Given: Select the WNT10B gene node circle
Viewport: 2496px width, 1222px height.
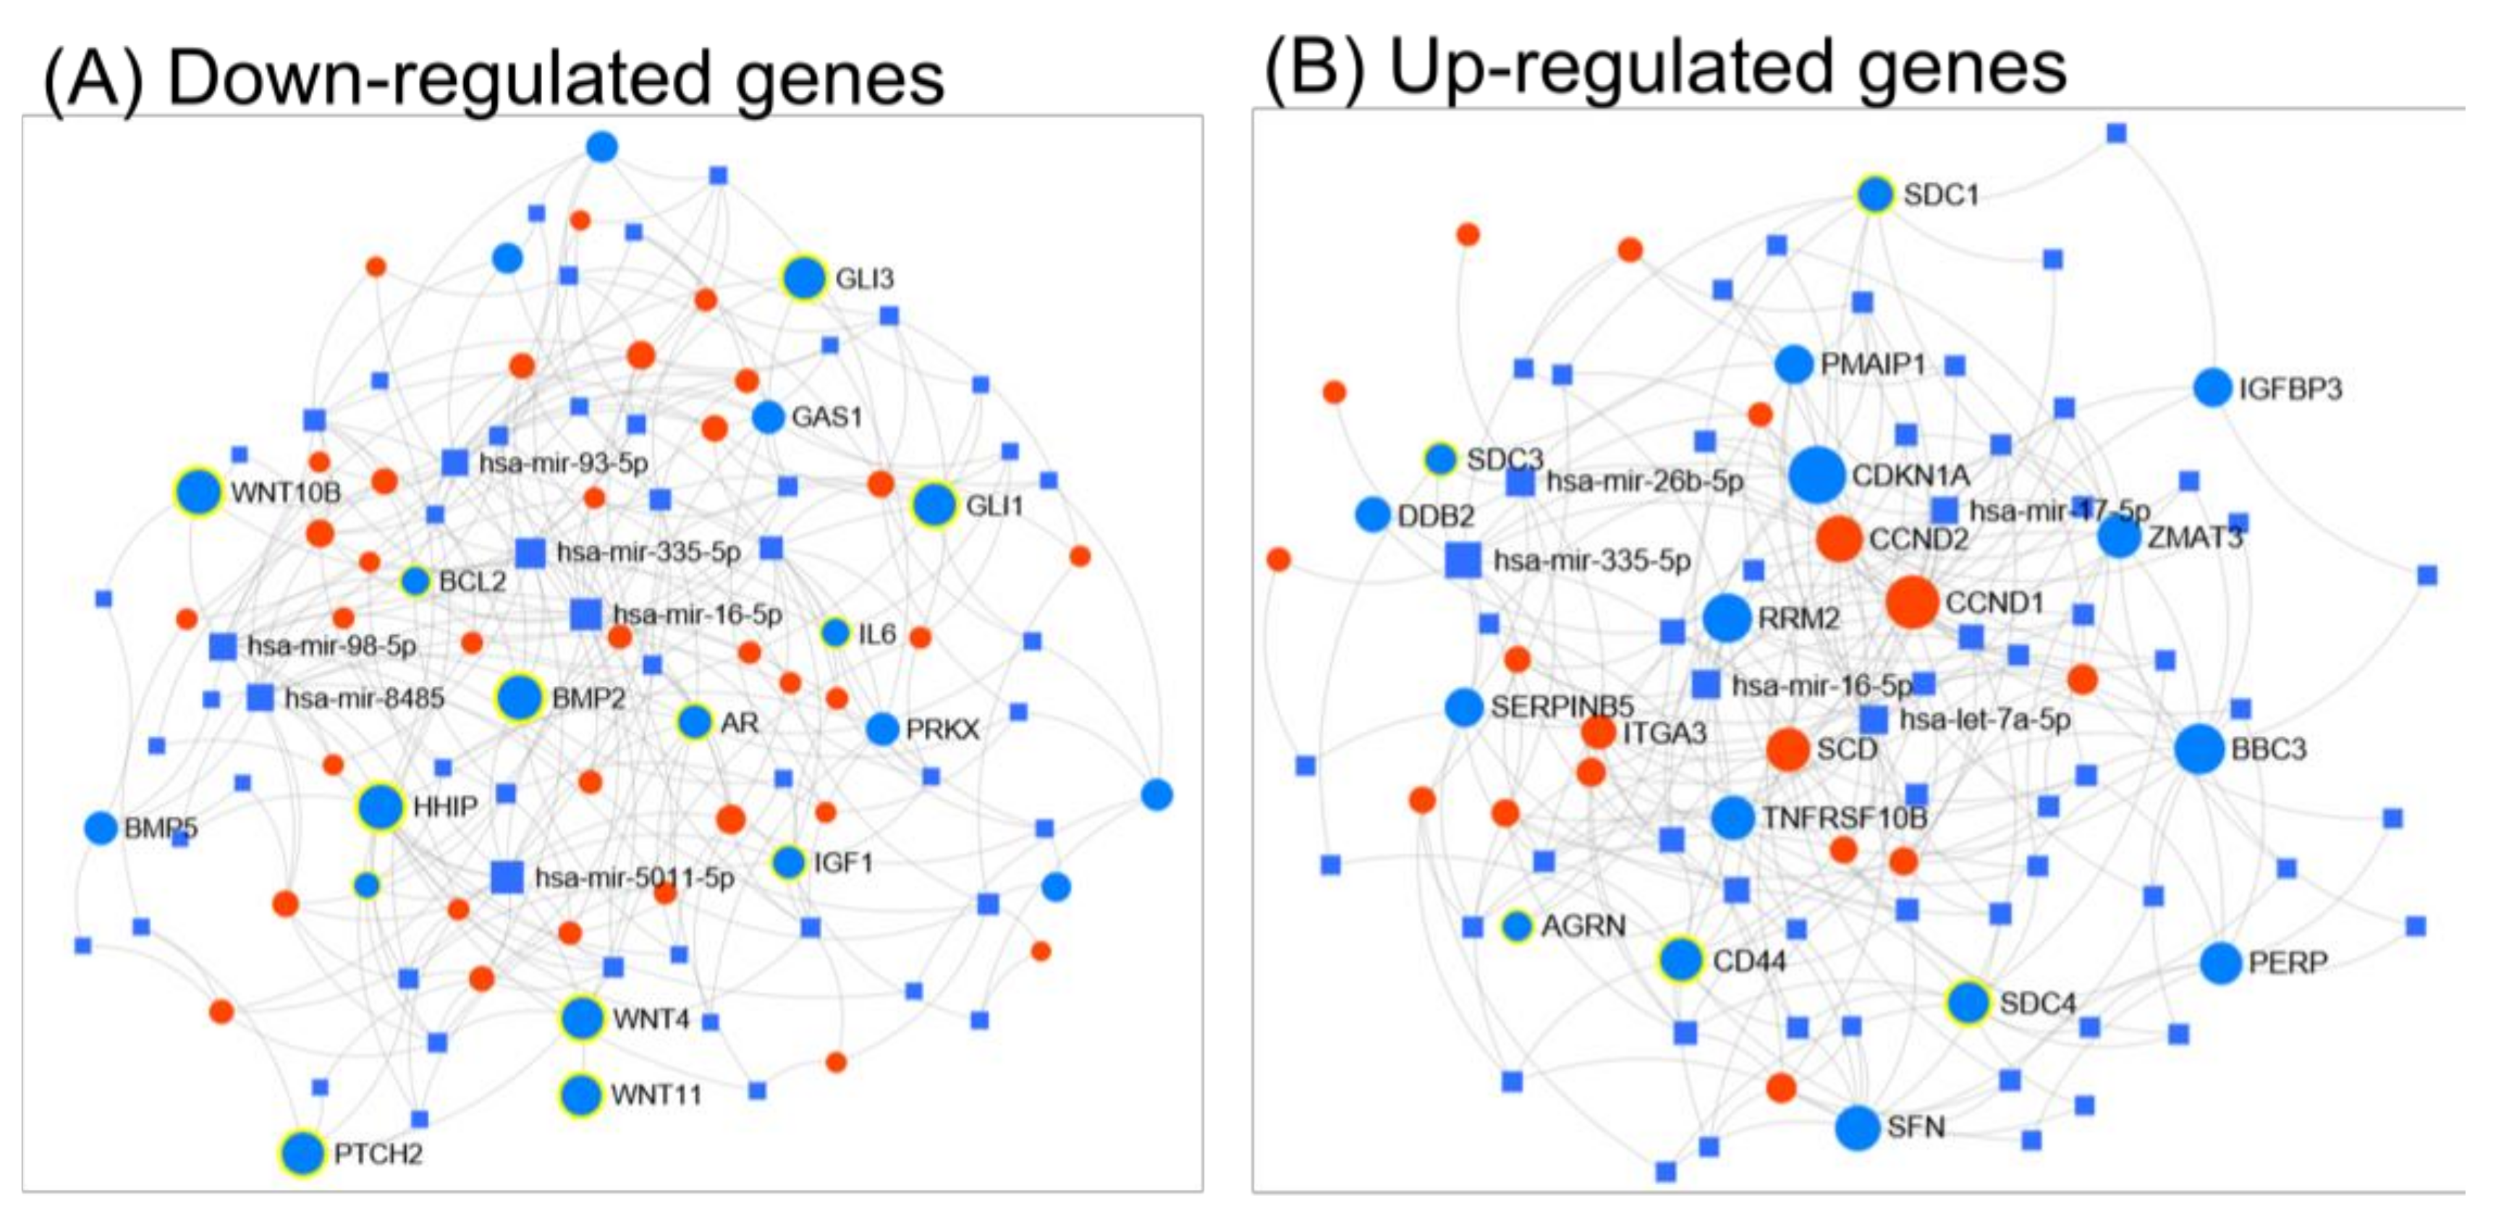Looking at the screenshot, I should (198, 492).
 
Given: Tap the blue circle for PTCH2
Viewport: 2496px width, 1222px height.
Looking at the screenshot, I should (303, 1153).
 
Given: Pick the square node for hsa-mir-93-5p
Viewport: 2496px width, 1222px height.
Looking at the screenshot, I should (454, 462).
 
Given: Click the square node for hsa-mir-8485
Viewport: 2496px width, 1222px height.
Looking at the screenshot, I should (260, 697).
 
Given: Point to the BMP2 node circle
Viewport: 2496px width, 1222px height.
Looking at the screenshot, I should (520, 697).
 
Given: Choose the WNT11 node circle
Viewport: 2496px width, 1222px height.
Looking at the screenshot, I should (581, 1094).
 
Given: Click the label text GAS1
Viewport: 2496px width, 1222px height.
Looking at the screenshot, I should (826, 417).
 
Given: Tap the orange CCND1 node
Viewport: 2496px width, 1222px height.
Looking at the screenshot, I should (1912, 602).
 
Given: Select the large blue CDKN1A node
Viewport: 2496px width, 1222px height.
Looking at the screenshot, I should (1816, 475).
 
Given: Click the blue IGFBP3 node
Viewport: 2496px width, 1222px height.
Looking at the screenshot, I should (2212, 388).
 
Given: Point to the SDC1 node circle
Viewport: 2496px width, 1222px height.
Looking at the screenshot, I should (1875, 195).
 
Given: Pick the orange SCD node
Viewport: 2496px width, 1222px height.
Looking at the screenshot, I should (1788, 749).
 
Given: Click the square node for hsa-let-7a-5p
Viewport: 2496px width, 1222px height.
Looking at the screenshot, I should (1873, 719).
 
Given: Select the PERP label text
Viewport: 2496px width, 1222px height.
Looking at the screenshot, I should (2288, 963).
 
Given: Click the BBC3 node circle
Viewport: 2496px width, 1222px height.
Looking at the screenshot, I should (2199, 749).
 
